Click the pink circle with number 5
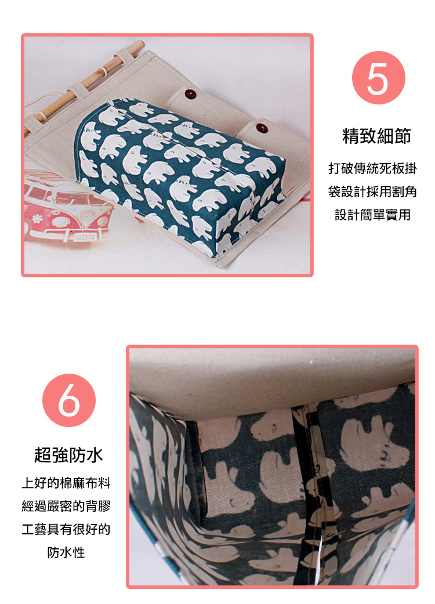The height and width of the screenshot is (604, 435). [x=378, y=78]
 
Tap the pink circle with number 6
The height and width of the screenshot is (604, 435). [x=69, y=400]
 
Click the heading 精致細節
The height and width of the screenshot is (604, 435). [x=376, y=136]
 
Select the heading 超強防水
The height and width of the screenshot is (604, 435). [x=68, y=454]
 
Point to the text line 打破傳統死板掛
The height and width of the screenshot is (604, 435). [x=372, y=168]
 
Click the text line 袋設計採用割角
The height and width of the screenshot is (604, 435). [x=372, y=191]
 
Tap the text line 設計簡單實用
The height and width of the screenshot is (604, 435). [x=372, y=215]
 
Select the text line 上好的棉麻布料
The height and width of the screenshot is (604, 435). [x=66, y=483]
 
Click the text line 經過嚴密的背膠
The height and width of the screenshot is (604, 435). [x=66, y=506]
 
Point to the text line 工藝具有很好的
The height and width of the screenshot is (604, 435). [x=66, y=529]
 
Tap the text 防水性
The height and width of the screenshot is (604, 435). [x=66, y=552]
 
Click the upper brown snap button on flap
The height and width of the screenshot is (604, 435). [x=190, y=93]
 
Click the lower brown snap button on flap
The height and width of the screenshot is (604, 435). [x=262, y=128]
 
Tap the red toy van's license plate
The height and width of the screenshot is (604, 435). [x=84, y=237]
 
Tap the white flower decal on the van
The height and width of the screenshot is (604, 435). [x=36, y=219]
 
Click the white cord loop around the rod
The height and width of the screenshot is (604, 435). [x=102, y=72]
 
